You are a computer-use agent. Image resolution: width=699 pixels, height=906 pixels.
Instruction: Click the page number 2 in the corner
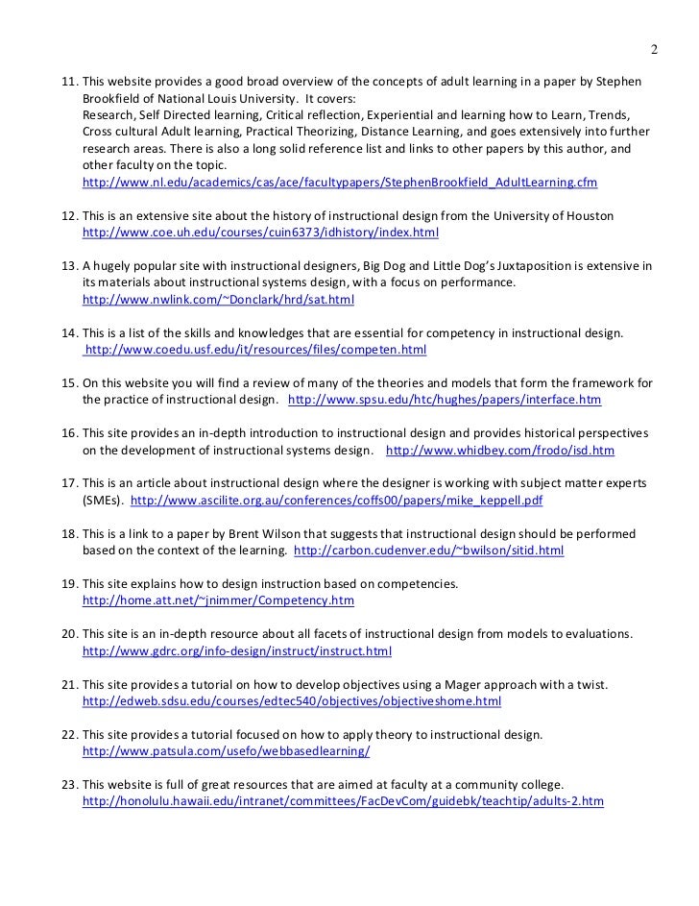(654, 50)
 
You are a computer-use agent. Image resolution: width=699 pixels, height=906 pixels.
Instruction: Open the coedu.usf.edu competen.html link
(256, 351)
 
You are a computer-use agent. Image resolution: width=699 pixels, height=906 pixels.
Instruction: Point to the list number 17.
(68, 483)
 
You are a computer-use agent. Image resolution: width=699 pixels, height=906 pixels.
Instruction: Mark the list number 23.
(68, 784)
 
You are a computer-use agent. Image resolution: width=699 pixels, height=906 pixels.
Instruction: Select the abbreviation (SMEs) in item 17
(103, 501)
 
